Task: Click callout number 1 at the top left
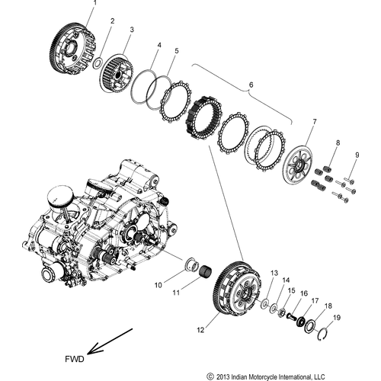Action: click(x=95, y=5)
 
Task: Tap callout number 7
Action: click(x=314, y=121)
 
